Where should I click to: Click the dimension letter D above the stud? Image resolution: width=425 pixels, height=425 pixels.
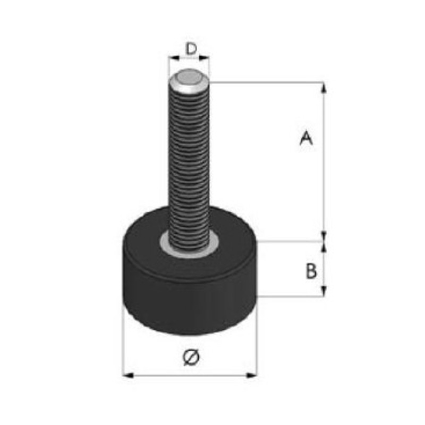point(191,49)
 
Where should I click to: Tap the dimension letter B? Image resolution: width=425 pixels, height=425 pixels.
point(311,271)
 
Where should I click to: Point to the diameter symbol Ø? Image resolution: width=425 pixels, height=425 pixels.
point(190,357)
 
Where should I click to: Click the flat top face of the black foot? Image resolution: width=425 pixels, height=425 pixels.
point(234,239)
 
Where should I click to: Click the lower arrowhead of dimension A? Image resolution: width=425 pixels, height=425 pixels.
point(324,235)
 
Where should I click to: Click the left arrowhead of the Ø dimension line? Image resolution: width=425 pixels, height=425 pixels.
point(128,376)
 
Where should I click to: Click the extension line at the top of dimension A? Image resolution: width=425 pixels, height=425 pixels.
point(266,82)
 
